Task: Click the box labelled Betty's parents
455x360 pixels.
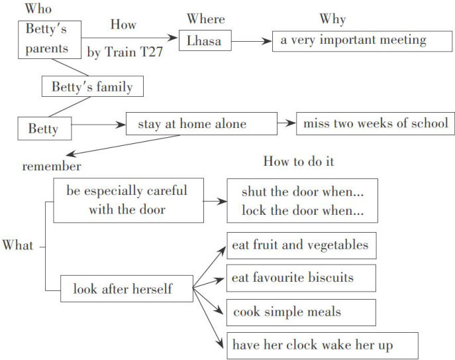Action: pos(50,39)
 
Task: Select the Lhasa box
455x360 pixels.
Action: pos(205,42)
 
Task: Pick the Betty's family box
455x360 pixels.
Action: pos(92,87)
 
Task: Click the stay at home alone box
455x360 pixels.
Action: pos(201,124)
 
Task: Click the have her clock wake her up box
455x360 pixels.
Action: pos(320,345)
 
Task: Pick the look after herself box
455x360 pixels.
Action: pos(126,289)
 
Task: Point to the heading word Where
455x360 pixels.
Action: pos(205,19)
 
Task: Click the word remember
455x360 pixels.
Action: pos(52,166)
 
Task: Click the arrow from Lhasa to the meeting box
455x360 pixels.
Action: pos(252,42)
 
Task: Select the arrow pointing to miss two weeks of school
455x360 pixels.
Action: pos(287,123)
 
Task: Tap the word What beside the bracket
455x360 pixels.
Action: pos(18,246)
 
